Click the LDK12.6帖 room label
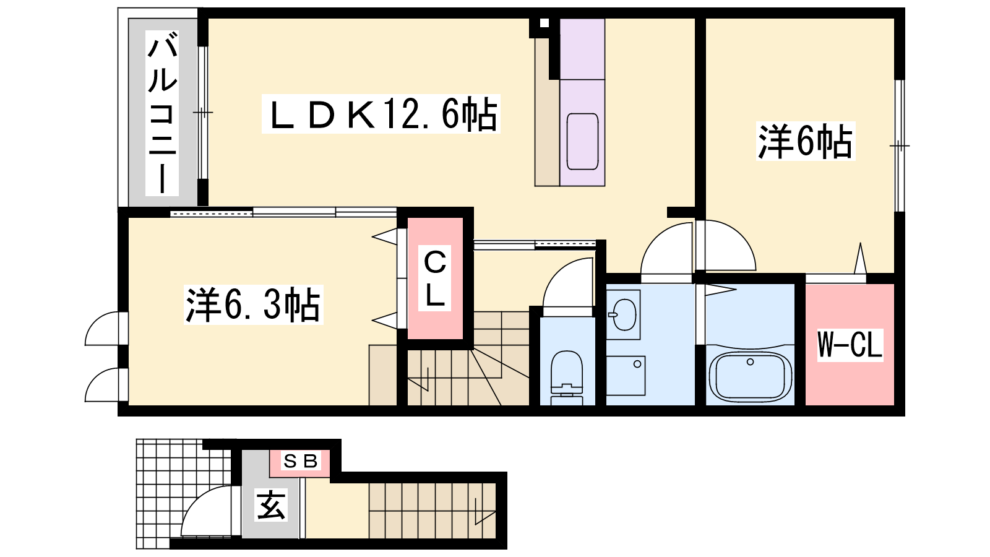click(381, 114)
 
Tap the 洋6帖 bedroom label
click(805, 141)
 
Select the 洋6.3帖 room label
click(253, 305)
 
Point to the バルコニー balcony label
click(162, 113)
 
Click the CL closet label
click(435, 278)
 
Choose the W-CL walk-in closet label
click(850, 345)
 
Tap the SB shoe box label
click(301, 462)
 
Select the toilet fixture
click(566, 378)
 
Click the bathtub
click(750, 376)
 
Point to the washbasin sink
click(624, 315)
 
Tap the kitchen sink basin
click(582, 142)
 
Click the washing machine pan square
click(626, 376)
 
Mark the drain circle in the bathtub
click(750, 362)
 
